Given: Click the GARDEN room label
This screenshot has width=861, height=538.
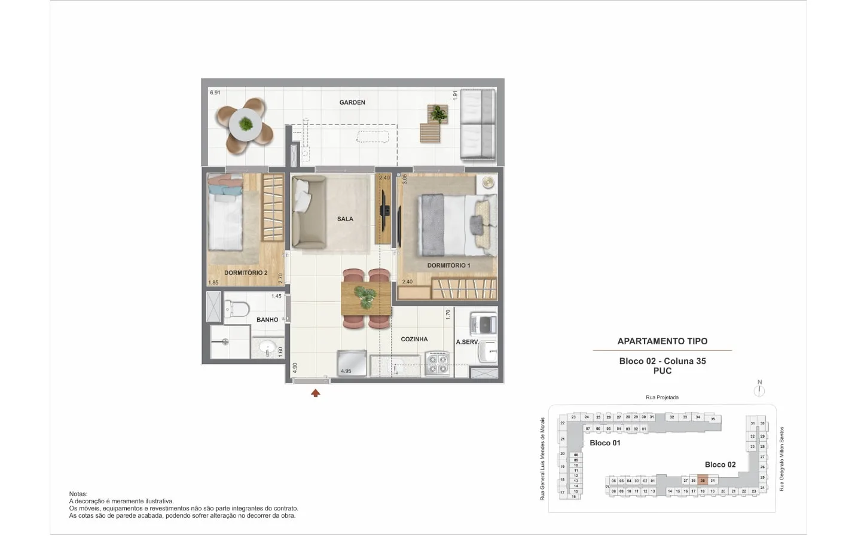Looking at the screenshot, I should pyautogui.click(x=352, y=102).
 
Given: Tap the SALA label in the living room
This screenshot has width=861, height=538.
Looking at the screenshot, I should pyautogui.click(x=345, y=219).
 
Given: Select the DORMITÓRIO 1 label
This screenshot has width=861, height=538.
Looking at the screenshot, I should pyautogui.click(x=448, y=265).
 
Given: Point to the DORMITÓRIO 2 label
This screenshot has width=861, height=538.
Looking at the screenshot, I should pyautogui.click(x=245, y=273).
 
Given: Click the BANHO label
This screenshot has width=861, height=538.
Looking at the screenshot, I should pyautogui.click(x=267, y=320).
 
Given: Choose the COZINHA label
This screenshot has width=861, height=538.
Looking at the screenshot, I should pyautogui.click(x=414, y=339).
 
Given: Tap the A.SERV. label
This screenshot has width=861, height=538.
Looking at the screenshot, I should pyautogui.click(x=467, y=342).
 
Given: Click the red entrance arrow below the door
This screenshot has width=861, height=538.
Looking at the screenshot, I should pyautogui.click(x=316, y=393).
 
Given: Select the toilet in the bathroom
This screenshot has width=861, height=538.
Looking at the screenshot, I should pyautogui.click(x=237, y=309).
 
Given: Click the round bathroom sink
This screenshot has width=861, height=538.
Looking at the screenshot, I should pyautogui.click(x=267, y=347).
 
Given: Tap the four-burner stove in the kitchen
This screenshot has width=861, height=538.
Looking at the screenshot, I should pyautogui.click(x=437, y=364).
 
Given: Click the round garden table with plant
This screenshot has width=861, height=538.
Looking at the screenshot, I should pyautogui.click(x=245, y=124).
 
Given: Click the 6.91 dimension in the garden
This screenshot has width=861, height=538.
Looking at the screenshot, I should pyautogui.click(x=215, y=93).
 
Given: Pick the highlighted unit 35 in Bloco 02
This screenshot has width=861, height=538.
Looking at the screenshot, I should pyautogui.click(x=703, y=481).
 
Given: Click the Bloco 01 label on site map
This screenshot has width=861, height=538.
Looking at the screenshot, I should pyautogui.click(x=605, y=443).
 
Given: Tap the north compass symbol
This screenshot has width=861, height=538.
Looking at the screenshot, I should pyautogui.click(x=759, y=390).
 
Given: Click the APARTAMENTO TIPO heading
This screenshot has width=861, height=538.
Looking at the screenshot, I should pyautogui.click(x=662, y=341).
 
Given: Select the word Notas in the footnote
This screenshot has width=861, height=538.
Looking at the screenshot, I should pyautogui.click(x=78, y=494).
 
